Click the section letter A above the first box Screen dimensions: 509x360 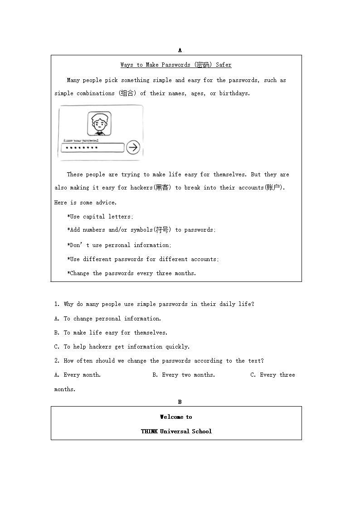point(180,50)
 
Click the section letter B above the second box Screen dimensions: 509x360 point(180,402)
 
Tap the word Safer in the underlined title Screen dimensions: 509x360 point(224,65)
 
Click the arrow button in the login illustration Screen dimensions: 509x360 point(133,147)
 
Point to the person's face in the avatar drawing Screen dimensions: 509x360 point(99,122)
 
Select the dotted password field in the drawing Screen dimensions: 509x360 point(92,148)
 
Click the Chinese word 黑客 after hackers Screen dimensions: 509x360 point(162,188)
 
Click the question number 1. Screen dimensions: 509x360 point(57,304)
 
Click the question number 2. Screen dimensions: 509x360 point(57,361)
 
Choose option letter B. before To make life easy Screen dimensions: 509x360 point(57,333)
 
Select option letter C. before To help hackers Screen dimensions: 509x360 point(57,347)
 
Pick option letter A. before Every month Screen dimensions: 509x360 point(57,375)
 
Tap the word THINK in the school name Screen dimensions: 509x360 point(149,431)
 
